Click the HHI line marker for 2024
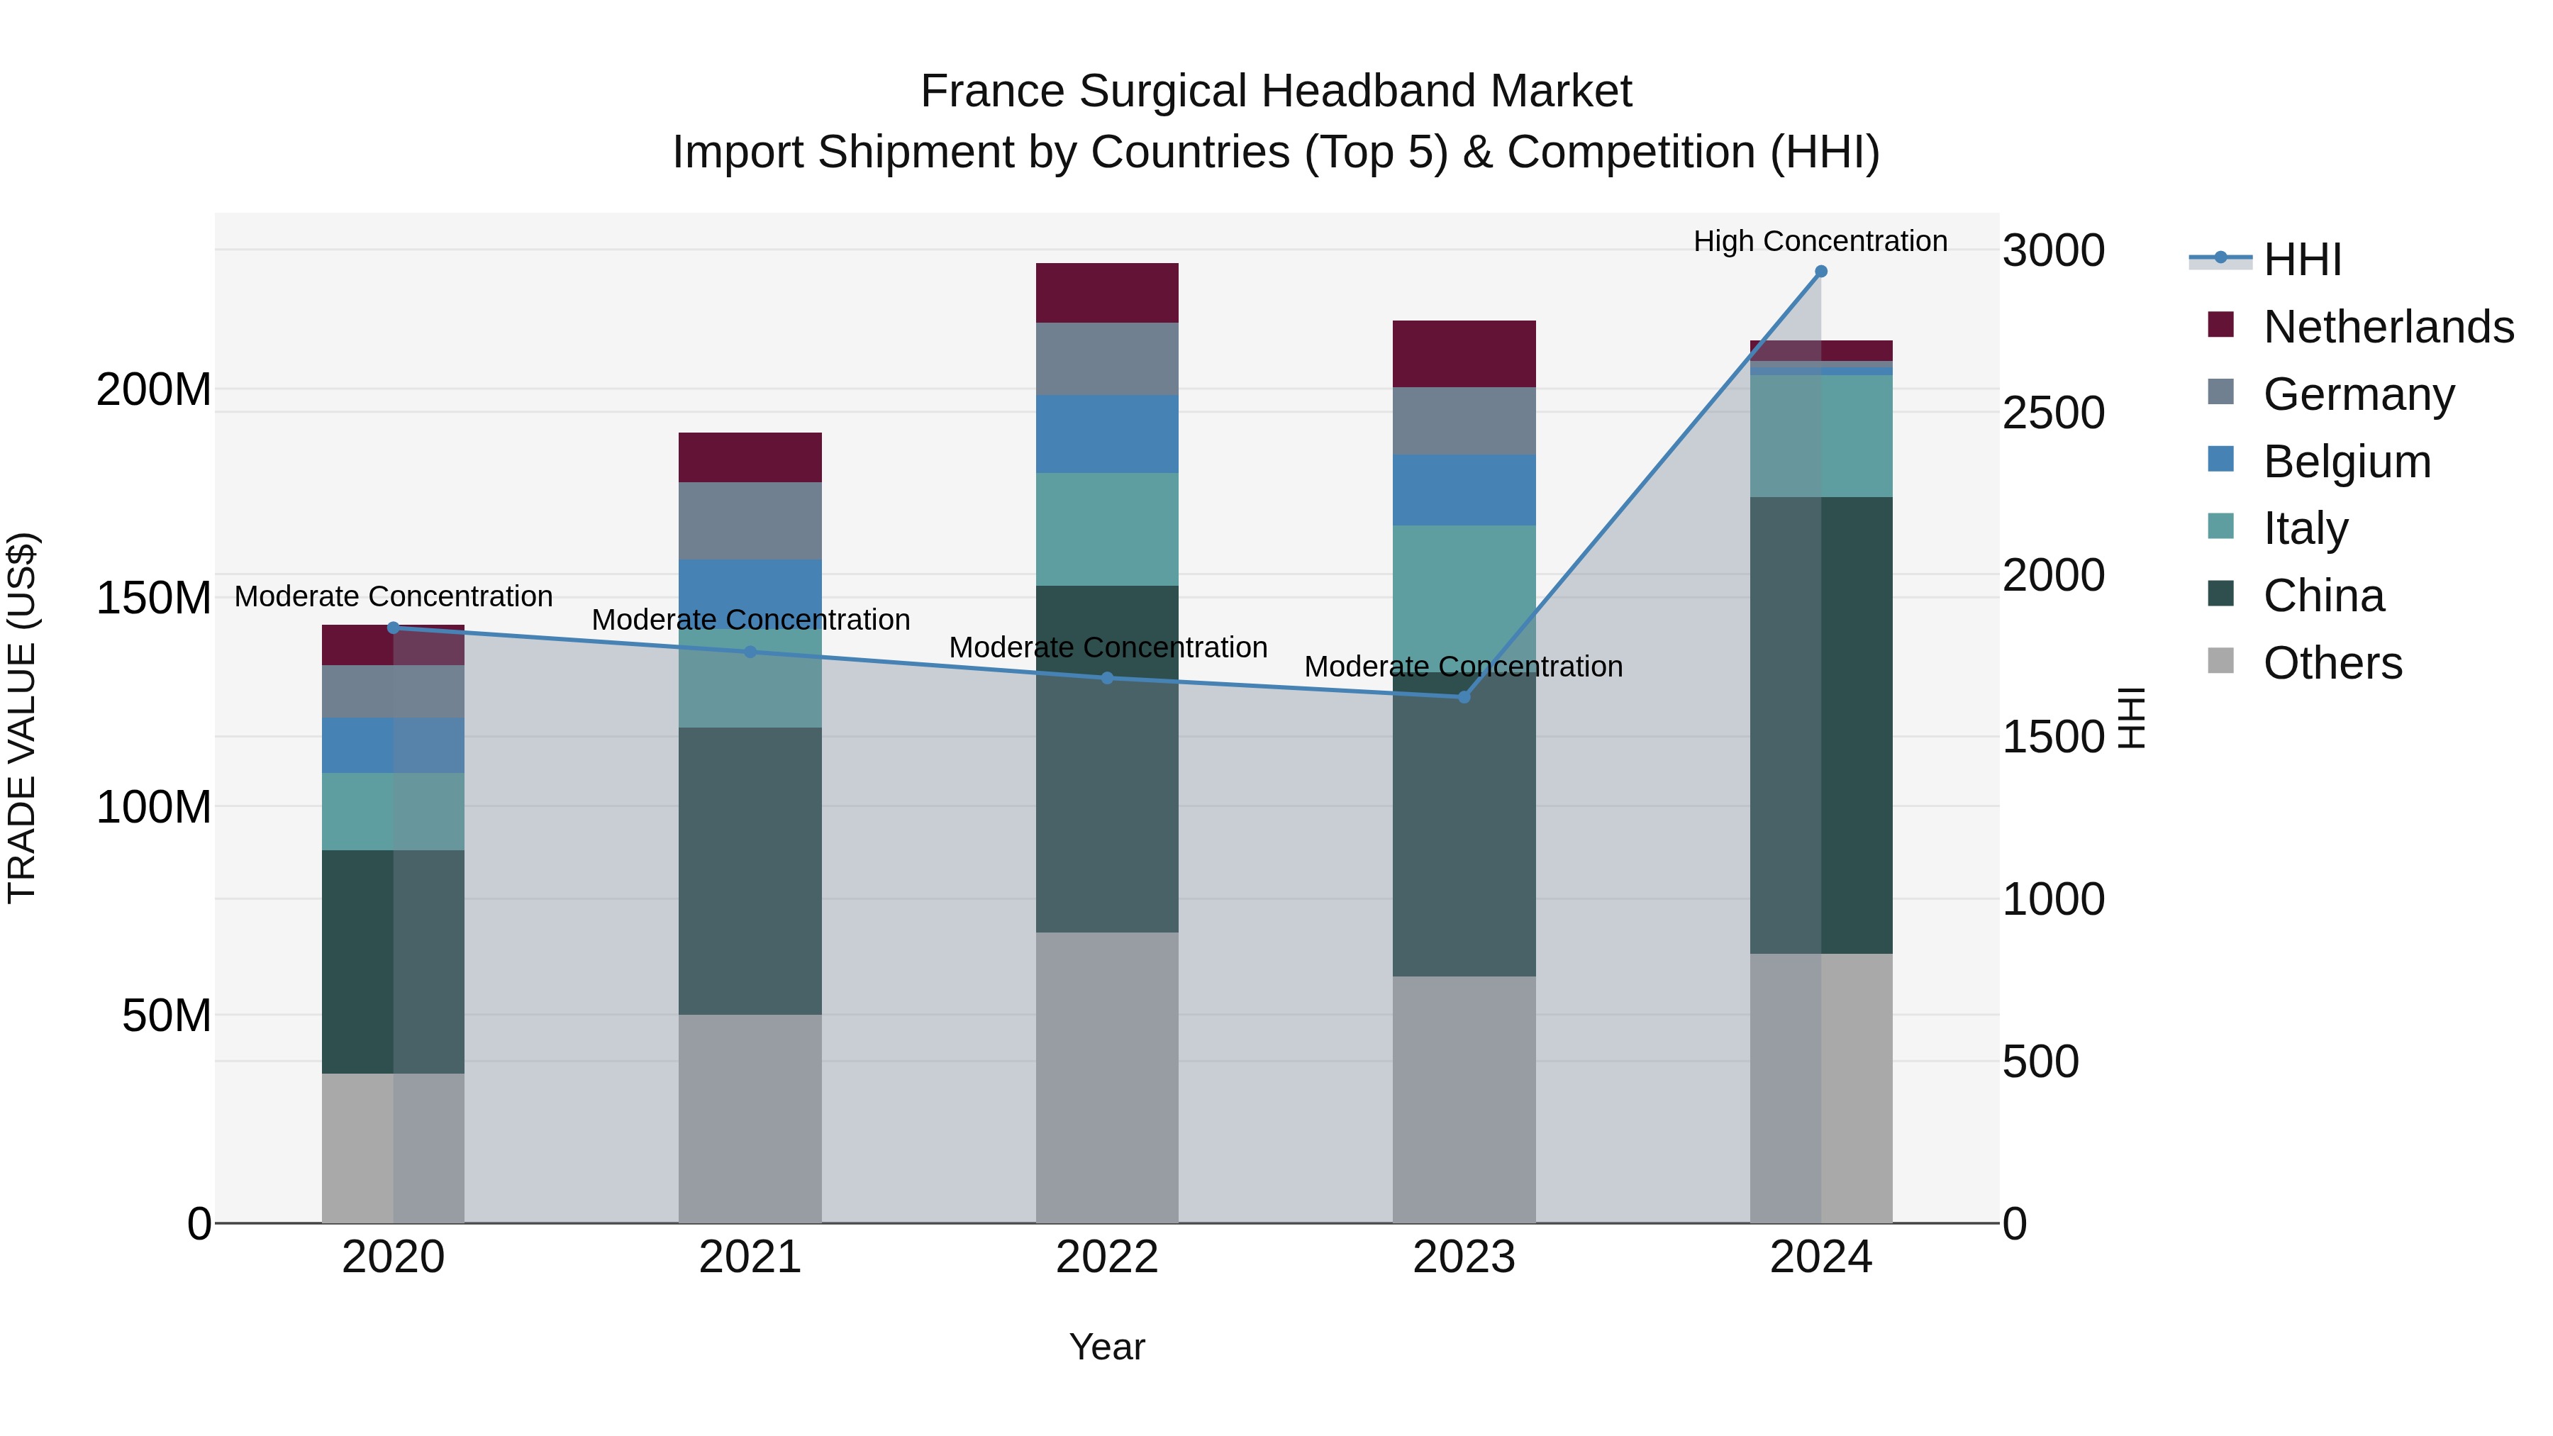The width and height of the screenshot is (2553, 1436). tap(1820, 272)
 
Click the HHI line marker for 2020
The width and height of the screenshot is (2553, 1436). tap(394, 628)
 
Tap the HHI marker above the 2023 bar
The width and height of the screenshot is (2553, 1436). tap(1464, 696)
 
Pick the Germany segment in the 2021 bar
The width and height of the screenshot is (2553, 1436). tap(750, 521)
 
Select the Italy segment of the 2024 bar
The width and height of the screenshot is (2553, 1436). tap(1820, 435)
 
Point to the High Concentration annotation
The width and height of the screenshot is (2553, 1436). tap(1820, 241)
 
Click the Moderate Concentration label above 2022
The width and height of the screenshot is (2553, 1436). tap(1107, 647)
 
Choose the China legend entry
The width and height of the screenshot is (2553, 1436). tap(2323, 596)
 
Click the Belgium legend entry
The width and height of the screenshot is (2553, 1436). tap(2346, 461)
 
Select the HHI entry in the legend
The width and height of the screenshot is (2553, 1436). tap(2301, 260)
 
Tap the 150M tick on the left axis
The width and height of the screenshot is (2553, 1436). tap(154, 598)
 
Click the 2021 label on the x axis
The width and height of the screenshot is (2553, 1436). tap(750, 1257)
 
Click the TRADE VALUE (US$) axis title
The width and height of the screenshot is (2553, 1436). tap(23, 718)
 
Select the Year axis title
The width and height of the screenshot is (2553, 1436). tap(1107, 1347)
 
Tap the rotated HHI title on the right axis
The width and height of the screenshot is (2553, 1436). tap(2131, 718)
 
